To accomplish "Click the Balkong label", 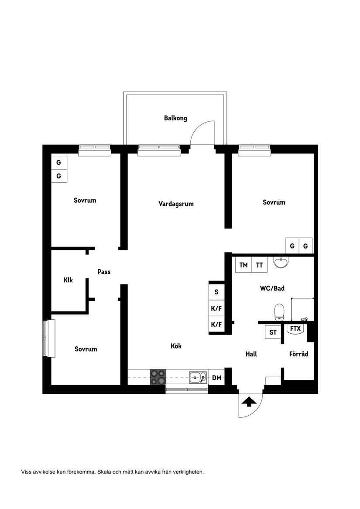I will click(x=175, y=118).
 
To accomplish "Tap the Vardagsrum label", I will click(x=176, y=204).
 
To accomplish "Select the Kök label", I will click(x=176, y=346).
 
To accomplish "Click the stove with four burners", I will click(x=158, y=377).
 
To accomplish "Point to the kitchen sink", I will click(x=198, y=377).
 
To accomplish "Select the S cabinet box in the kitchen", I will click(x=216, y=292).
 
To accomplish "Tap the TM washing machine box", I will click(x=243, y=265).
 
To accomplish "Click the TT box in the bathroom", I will click(x=259, y=265).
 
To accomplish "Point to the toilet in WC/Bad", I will click(x=279, y=311).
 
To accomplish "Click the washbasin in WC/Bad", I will click(x=281, y=262).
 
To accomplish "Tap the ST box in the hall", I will click(x=273, y=332).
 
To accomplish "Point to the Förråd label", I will click(x=298, y=354).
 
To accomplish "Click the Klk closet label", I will click(x=68, y=280).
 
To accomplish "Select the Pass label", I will click(x=104, y=272).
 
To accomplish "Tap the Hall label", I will click(x=251, y=354).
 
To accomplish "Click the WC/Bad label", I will click(x=272, y=288).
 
